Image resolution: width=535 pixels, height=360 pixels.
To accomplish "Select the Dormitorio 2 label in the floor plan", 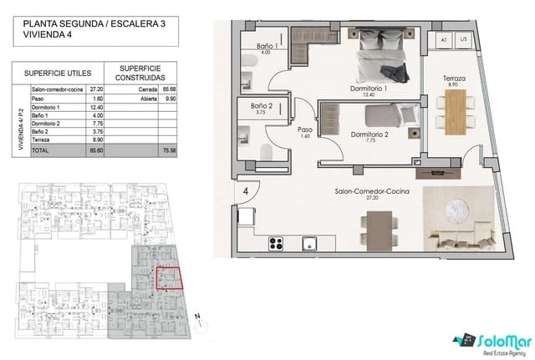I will pos(369,135).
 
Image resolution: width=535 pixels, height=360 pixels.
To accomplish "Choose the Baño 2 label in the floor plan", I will pos(262,108).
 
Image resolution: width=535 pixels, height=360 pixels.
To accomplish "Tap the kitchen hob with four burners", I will pos(278,244).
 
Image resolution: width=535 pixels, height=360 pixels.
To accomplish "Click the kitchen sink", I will pos(309,244).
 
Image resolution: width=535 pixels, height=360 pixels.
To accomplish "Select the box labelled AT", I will pos(444,39).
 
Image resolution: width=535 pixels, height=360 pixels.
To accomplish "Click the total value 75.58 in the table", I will pos(169,152).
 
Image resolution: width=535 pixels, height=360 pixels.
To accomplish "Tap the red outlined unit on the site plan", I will pos(168,278).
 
